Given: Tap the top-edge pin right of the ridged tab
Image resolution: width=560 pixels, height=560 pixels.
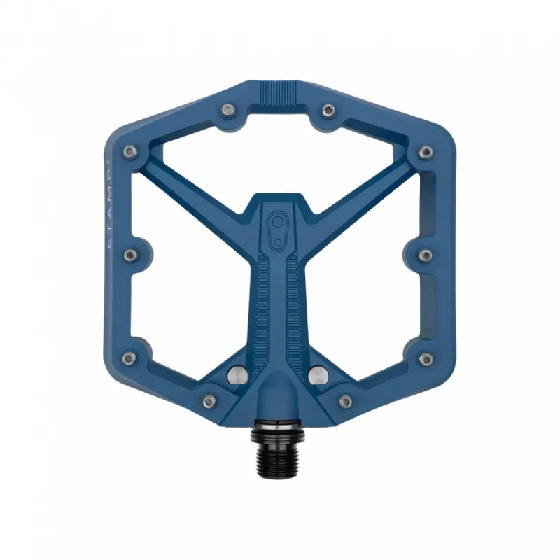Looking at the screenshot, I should [328, 109].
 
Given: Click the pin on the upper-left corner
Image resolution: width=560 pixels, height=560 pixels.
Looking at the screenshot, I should [127, 151].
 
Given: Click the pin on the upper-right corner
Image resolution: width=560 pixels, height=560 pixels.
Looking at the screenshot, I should [426, 151].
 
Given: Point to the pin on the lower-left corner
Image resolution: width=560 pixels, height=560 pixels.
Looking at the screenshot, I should [127, 358].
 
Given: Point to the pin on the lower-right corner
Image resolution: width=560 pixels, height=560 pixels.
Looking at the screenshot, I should [425, 358].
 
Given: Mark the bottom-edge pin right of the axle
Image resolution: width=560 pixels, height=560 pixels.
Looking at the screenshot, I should [345, 400].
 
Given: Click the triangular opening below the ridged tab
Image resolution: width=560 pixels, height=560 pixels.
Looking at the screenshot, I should [280, 150].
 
